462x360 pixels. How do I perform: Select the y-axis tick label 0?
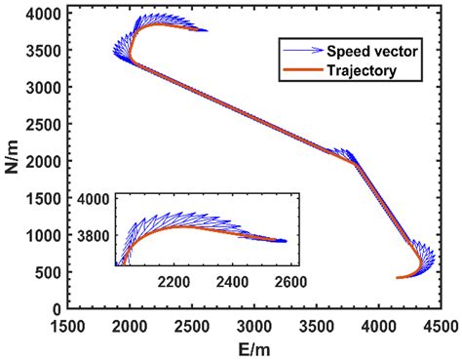pos(54,308)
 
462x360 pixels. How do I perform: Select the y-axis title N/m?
pos(12,161)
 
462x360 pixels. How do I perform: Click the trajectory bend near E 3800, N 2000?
pos(353,162)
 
